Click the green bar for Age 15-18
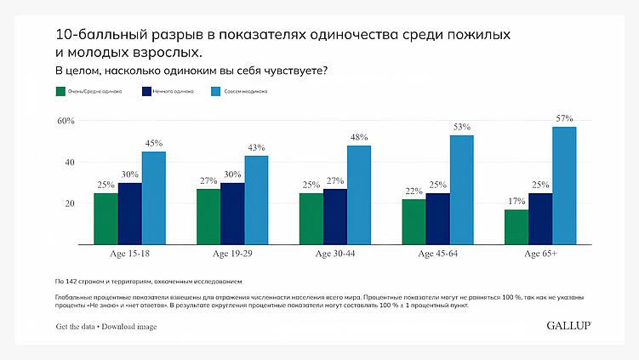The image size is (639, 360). pyautogui.click(x=106, y=219)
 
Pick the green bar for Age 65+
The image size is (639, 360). pyautogui.click(x=516, y=226)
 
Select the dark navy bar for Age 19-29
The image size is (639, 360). pyautogui.click(x=232, y=214)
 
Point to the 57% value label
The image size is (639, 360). pyautogui.click(x=564, y=118)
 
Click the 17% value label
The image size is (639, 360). pyautogui.click(x=516, y=201)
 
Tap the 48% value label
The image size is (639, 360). pyautogui.click(x=359, y=137)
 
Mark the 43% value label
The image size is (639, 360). pyautogui.click(x=256, y=147)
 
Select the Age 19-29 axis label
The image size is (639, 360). pyautogui.click(x=232, y=254)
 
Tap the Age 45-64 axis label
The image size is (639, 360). pyautogui.click(x=437, y=254)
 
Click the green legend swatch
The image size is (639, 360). pyautogui.click(x=60, y=90)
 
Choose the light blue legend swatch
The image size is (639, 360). pyautogui.click(x=217, y=90)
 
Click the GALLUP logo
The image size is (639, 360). pyautogui.click(x=568, y=326)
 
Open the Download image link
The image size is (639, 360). pyautogui.click(x=129, y=327)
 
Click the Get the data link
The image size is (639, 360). pyautogui.click(x=75, y=327)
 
